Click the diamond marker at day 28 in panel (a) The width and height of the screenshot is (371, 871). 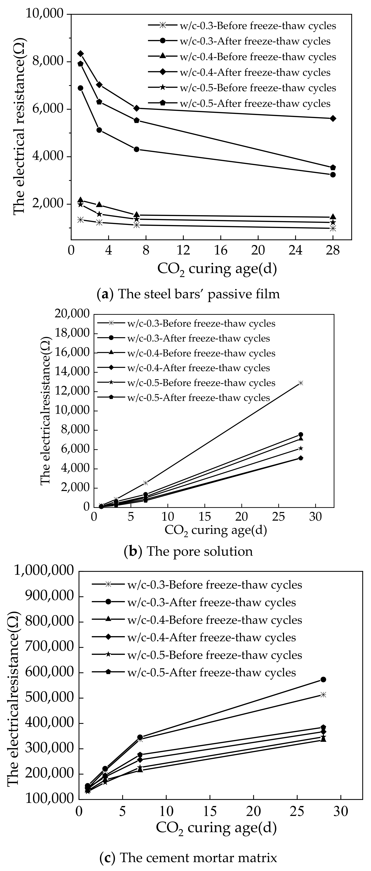pyautogui.click(x=333, y=118)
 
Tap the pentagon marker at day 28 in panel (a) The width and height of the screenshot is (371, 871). pyautogui.click(x=333, y=167)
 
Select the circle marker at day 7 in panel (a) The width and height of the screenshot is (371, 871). pyautogui.click(x=137, y=149)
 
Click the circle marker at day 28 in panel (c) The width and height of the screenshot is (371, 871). pyautogui.click(x=323, y=679)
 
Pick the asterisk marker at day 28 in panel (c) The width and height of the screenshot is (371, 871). pyautogui.click(x=323, y=694)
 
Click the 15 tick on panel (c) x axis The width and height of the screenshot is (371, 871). pyautogui.click(x=210, y=811)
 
